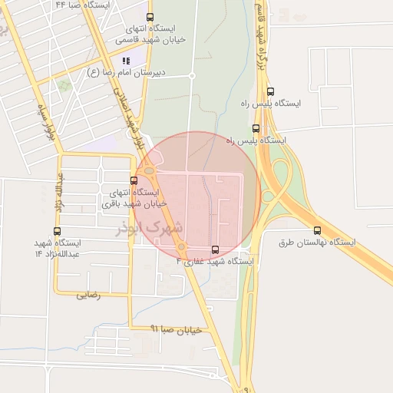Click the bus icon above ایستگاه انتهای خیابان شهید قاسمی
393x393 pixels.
point(149,17)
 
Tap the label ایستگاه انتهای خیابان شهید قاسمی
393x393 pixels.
point(149,33)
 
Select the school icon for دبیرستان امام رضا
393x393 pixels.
point(126,61)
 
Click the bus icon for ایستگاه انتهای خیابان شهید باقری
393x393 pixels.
point(134,181)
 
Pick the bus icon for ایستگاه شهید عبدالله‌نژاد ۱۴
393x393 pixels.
point(58,231)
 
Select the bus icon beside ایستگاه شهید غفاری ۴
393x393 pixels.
point(215,249)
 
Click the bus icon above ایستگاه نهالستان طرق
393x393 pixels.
point(317,230)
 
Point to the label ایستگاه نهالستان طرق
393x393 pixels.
point(317,243)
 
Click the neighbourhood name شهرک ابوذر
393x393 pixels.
point(154,228)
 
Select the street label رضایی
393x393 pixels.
point(88,294)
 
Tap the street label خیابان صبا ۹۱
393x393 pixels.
point(176,329)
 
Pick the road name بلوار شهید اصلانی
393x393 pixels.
point(130,115)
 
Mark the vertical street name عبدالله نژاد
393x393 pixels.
point(58,192)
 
